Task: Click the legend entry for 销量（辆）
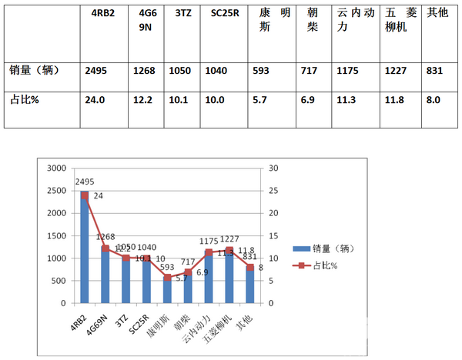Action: (317, 248)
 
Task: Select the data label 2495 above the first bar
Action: (85, 182)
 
